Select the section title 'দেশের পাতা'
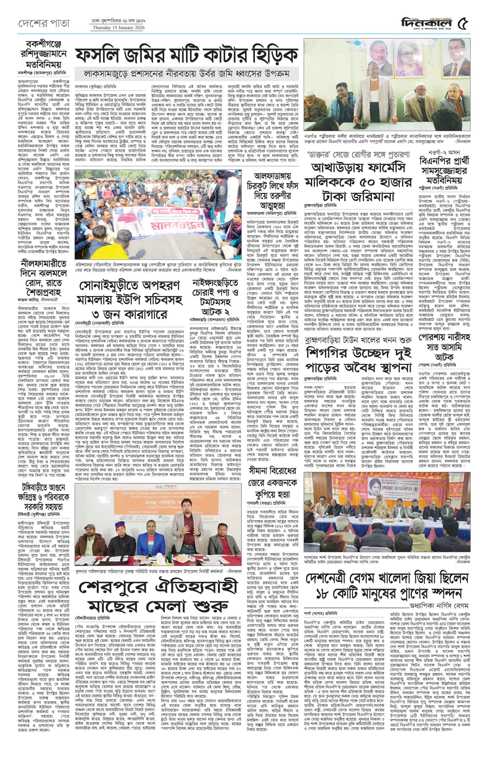click(43, 23)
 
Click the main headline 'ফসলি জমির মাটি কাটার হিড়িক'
click(186, 55)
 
